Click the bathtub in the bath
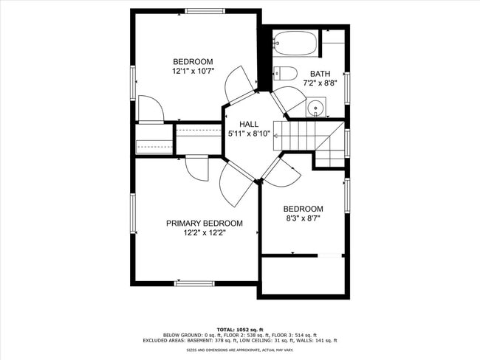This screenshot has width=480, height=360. pyautogui.click(x=295, y=45)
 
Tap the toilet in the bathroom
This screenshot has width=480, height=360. pyautogui.click(x=285, y=72)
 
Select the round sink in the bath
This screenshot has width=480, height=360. pyautogui.click(x=316, y=107)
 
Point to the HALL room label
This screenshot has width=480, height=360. pyautogui.click(x=249, y=124)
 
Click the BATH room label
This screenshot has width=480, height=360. pyautogui.click(x=320, y=74)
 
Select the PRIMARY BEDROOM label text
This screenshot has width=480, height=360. pyautogui.click(x=204, y=224)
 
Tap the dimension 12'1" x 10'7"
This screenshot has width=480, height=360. pyautogui.click(x=193, y=72)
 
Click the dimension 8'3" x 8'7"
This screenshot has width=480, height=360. pyautogui.click(x=303, y=218)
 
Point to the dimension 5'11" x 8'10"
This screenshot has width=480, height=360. pyautogui.click(x=249, y=134)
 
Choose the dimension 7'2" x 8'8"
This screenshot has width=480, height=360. pyautogui.click(x=320, y=83)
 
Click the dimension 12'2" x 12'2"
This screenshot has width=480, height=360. pyautogui.click(x=204, y=233)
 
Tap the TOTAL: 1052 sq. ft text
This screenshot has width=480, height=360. pyautogui.click(x=240, y=329)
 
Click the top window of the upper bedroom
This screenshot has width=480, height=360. pyautogui.click(x=205, y=10)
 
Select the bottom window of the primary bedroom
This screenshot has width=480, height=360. pyautogui.click(x=194, y=283)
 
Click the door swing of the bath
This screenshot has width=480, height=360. pyautogui.click(x=289, y=100)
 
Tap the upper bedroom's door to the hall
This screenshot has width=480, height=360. pyautogui.click(x=240, y=83)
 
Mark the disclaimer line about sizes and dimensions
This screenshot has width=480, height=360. pyautogui.click(x=240, y=350)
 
